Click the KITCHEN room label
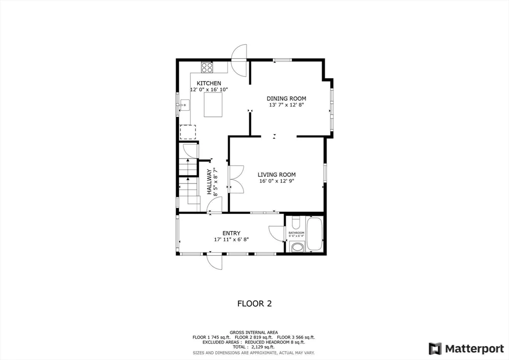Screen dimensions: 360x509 click(209, 83)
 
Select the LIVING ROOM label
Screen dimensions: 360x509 click(276, 175)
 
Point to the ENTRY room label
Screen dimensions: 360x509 click(231, 233)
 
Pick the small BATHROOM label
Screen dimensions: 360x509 click(296, 233)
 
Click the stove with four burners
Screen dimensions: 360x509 click(207, 67)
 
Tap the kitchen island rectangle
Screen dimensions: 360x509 click(213, 105)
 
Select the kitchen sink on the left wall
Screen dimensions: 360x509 click(184, 104)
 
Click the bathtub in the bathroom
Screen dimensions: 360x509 click(314, 234)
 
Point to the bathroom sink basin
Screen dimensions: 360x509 click(298, 247)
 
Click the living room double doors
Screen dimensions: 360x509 click(235, 179)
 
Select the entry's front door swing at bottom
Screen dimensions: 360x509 click(215, 261)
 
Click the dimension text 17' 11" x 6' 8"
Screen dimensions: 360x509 click(231, 240)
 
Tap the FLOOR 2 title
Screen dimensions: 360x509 click(254, 303)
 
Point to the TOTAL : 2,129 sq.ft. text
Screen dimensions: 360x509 click(254, 347)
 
